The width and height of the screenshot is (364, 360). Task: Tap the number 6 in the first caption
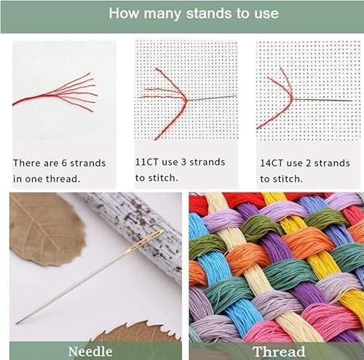(64, 163)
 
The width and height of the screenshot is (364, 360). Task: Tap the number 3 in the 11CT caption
(183, 162)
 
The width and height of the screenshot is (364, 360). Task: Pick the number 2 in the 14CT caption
(308, 163)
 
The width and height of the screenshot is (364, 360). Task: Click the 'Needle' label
(90, 351)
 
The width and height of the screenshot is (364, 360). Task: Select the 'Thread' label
(279, 351)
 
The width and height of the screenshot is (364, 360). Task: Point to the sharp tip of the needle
(17, 324)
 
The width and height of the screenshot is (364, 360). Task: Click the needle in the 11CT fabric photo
(212, 98)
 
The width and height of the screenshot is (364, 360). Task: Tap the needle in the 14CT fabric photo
(323, 100)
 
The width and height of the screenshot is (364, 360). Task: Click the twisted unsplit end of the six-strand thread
(29, 99)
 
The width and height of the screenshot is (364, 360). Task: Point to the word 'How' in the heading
(124, 13)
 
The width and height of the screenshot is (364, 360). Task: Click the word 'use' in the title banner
(266, 14)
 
